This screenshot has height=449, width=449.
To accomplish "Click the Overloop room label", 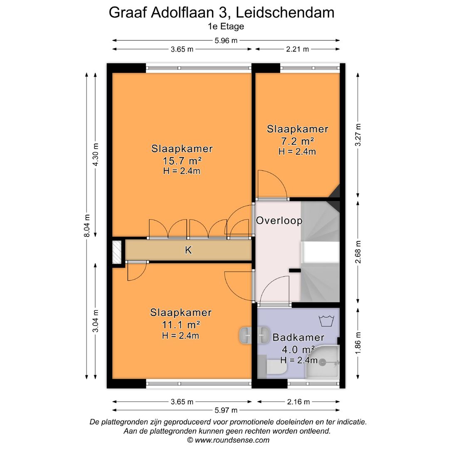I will pos(279,220).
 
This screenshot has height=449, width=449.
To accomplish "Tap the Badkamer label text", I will pos(298,338).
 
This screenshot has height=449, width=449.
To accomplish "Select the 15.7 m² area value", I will pos(182,160).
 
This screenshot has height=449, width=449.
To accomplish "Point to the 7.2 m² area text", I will pos(297,141).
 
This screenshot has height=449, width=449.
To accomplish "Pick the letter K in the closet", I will pos(188,250).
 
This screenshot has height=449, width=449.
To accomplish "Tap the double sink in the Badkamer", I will pos(253,334).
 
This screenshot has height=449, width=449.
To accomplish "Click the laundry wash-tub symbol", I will pos(326,321).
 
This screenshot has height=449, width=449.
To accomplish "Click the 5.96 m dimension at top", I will pos(226,40).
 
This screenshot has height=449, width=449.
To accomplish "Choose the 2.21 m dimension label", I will pos(297,49).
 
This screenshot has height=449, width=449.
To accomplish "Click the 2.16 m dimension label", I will pos(298,402).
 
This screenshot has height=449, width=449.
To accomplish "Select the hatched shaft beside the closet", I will pos(117,252).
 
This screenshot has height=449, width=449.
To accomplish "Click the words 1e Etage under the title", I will pos(226,26).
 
